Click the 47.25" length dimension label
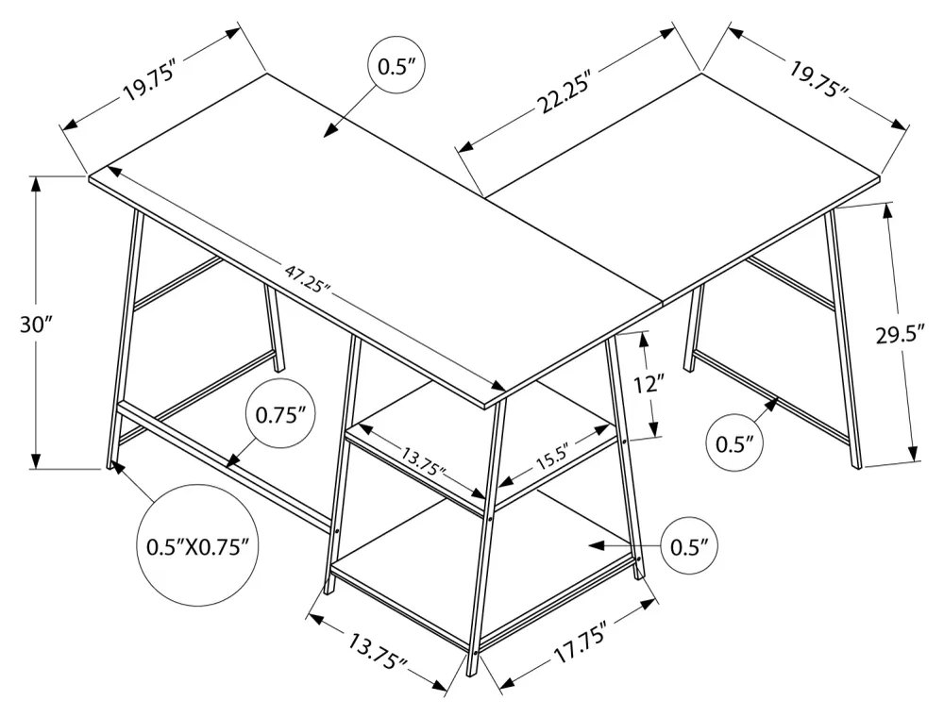point(308,278)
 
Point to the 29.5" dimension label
point(900,333)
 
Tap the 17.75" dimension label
point(578,643)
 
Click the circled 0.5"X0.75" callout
point(197,546)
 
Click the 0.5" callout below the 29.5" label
point(734,443)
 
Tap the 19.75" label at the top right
point(818,79)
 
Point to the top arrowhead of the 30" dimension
point(36,183)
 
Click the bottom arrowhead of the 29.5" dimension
point(914,453)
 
